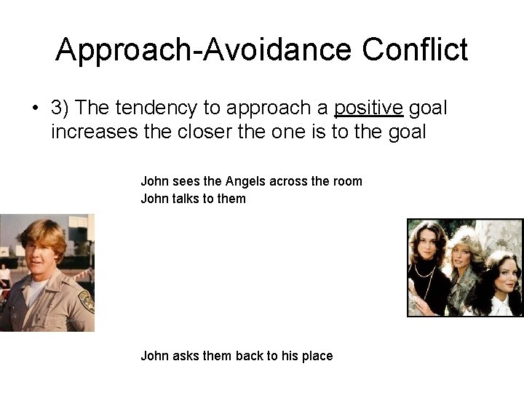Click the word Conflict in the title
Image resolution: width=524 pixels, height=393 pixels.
[415, 50]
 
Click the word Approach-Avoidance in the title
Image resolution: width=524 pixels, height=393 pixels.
[204, 50]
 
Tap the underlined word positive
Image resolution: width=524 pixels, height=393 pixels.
[368, 108]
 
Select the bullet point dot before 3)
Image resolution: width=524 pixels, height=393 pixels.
[34, 109]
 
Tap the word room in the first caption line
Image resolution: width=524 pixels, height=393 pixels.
[346, 181]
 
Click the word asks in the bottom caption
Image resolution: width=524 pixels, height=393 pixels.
[185, 356]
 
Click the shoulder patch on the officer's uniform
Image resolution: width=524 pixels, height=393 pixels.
[86, 301]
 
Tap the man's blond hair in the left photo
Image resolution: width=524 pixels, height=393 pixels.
[44, 231]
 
